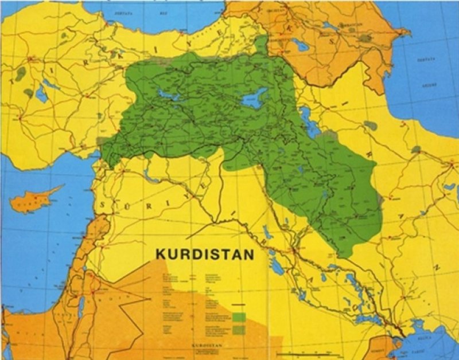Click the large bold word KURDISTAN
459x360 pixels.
[204, 253]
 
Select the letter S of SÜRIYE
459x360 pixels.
[104, 204]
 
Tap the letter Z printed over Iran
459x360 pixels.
[437, 268]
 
